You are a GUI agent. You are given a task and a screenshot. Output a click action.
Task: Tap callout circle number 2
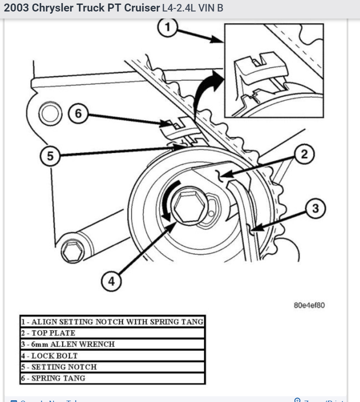click(x=303, y=155)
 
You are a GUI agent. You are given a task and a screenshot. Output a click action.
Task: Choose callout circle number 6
click(x=78, y=113)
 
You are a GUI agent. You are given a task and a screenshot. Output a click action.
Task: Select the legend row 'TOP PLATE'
click(x=113, y=333)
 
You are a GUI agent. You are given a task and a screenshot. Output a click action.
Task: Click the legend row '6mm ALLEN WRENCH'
click(x=113, y=344)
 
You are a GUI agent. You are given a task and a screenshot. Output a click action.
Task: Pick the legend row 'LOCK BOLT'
click(x=113, y=356)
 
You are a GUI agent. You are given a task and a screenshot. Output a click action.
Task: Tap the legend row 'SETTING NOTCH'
click(x=113, y=367)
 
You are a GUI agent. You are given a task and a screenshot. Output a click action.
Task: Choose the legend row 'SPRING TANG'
click(x=113, y=378)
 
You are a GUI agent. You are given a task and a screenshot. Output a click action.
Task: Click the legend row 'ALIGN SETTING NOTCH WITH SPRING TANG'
click(x=113, y=321)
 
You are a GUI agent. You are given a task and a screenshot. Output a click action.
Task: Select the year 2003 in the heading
click(x=16, y=9)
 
